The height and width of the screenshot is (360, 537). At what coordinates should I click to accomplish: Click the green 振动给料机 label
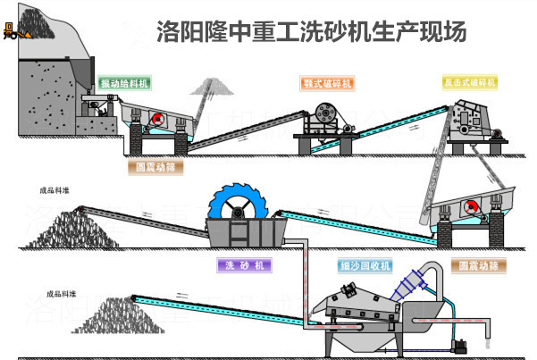tap(124, 83)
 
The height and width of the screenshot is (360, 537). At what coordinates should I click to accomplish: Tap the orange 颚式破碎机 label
tap(327, 83)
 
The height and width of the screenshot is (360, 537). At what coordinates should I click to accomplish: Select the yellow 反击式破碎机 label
tap(469, 82)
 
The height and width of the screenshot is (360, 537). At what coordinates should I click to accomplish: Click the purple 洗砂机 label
tap(242, 265)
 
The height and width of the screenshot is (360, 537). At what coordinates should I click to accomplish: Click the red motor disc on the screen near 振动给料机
tap(157, 119)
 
